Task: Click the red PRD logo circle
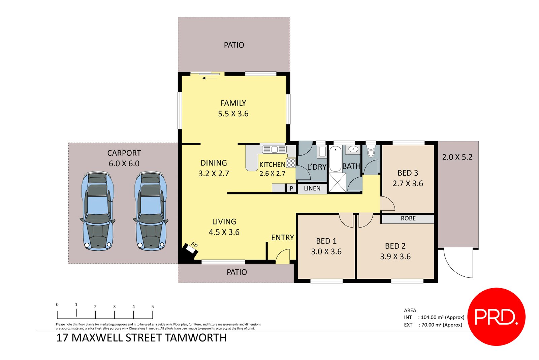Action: (x=496, y=317)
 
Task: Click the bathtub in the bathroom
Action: (x=335, y=159)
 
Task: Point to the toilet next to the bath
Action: (x=371, y=152)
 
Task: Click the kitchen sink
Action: (x=274, y=149)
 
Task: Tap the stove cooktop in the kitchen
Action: (x=291, y=163)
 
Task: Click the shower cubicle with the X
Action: (x=337, y=182)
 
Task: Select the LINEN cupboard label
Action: (x=312, y=188)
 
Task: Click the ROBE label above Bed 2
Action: (x=408, y=218)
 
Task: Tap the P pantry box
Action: (x=291, y=188)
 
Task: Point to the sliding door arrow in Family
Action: (x=210, y=78)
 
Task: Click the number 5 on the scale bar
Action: (x=153, y=306)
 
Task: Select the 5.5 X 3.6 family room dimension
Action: (x=233, y=114)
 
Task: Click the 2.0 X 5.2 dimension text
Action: (x=457, y=157)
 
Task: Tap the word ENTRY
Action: (x=282, y=237)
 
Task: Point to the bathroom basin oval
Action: (x=353, y=149)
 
